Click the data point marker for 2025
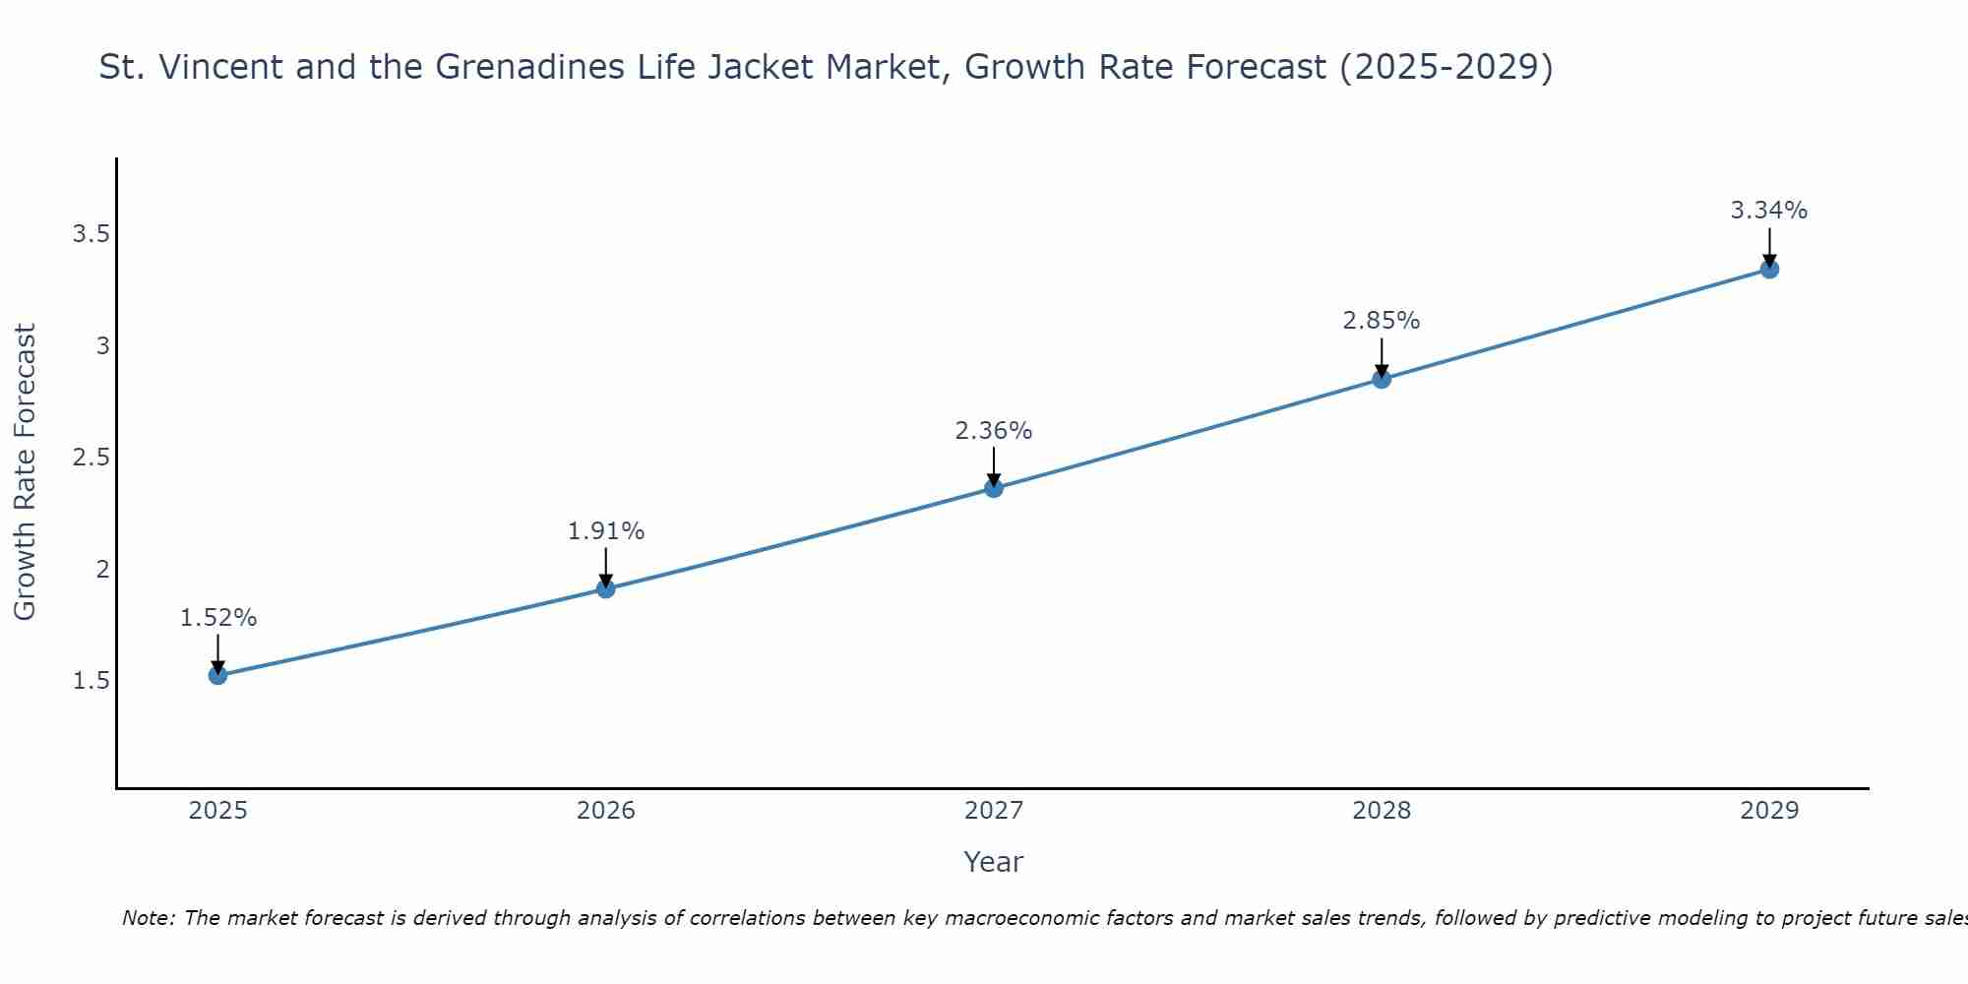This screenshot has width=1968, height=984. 217,675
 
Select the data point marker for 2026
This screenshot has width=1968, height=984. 606,588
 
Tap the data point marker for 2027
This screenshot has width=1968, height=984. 994,488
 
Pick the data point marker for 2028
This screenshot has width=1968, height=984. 1382,379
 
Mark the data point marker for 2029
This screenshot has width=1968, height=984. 1769,269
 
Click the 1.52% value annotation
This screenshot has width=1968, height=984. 217,618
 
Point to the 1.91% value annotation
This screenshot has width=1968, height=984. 606,531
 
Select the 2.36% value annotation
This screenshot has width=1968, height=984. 994,431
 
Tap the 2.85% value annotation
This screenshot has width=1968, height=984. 1382,321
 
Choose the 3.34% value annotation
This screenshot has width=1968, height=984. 1769,211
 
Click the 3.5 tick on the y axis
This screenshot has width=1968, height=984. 91,234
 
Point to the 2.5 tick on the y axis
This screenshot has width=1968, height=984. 91,458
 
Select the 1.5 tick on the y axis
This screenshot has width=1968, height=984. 91,681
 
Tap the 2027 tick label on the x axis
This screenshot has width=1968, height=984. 994,811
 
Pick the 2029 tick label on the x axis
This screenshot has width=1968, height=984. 1769,811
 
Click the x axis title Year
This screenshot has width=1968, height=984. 994,862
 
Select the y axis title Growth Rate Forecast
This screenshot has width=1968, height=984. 26,472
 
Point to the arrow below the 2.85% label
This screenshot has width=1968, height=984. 1382,356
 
